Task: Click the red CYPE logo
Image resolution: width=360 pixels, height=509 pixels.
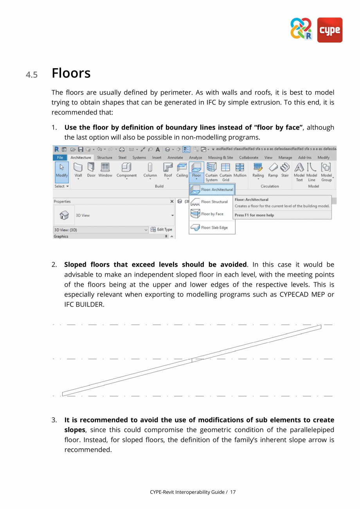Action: click(x=329, y=30)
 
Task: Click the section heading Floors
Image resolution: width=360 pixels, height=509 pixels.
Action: click(x=71, y=73)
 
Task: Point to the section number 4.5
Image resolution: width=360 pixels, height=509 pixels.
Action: click(x=32, y=74)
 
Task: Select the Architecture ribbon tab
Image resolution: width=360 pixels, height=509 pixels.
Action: click(x=81, y=157)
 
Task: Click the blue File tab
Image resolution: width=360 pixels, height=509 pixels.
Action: click(x=60, y=157)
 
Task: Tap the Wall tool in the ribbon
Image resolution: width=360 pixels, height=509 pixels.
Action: click(x=78, y=170)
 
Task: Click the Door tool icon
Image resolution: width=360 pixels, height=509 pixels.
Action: click(x=91, y=170)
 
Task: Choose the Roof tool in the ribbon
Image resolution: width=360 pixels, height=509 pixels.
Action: click(x=168, y=170)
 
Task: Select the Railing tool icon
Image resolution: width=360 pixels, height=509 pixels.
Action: click(x=258, y=170)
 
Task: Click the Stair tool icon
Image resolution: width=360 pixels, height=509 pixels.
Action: click(x=285, y=170)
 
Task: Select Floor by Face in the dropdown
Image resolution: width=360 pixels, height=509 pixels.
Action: click(x=212, y=214)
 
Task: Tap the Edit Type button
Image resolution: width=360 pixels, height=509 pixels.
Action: click(x=162, y=229)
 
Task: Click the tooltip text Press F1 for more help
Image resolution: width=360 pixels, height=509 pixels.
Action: click(x=254, y=215)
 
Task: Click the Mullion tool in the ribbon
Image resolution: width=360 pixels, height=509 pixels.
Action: click(x=240, y=170)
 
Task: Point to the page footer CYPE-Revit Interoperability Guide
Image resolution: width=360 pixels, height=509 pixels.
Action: click(x=188, y=492)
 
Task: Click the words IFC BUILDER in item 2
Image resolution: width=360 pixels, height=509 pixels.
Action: click(x=84, y=304)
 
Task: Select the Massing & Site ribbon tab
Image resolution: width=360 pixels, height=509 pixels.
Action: click(x=220, y=157)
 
